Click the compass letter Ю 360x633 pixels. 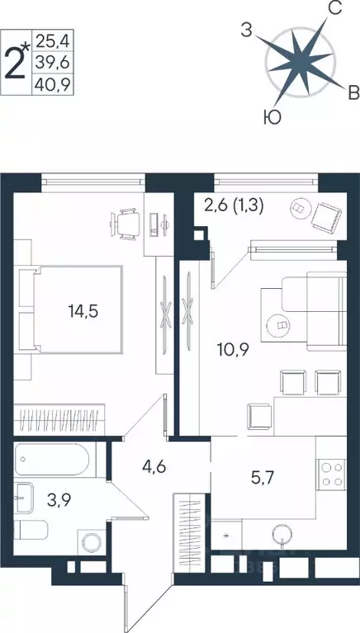(x=271, y=118)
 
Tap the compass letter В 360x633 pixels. (x=352, y=91)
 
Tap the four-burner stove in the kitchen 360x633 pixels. (x=331, y=475)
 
